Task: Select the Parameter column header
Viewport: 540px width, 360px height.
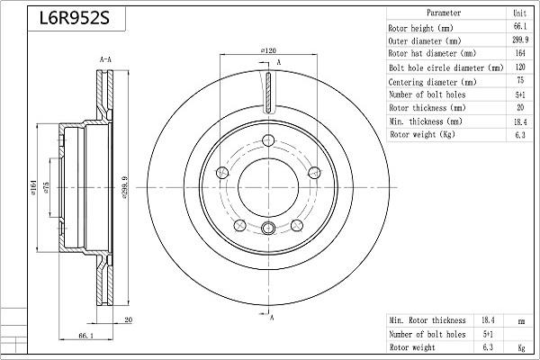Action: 444,13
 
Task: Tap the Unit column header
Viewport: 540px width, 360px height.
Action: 519,13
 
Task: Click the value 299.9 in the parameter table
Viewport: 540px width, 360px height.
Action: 519,40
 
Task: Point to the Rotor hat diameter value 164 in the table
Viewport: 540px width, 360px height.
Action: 519,54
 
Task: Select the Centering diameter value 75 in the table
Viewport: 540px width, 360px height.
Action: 519,81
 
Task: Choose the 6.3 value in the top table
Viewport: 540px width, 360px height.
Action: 519,134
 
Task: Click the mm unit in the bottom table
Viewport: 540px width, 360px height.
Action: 519,319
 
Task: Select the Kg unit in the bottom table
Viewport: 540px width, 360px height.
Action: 519,346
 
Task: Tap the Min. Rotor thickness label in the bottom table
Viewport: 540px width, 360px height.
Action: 427,319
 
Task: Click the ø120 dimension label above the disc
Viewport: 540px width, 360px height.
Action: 267,51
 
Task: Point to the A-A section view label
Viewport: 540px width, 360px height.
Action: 104,59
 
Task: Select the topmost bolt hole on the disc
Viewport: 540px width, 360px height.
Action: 269,139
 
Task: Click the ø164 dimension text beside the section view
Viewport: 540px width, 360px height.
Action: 32,187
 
